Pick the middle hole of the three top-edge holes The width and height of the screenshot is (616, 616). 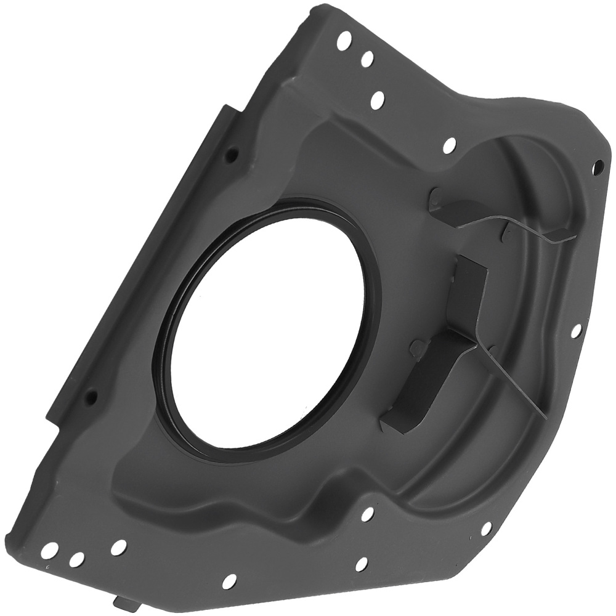[368, 59]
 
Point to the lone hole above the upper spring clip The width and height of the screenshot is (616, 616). [450, 145]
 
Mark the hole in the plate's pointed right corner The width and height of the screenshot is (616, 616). [597, 165]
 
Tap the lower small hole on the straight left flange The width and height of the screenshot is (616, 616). [91, 395]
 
